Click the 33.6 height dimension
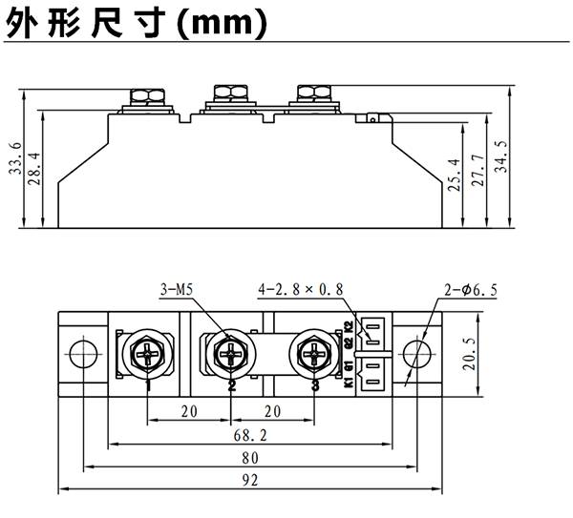click(x=14, y=158)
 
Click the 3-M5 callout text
click(x=177, y=288)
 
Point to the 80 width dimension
click(x=250, y=457)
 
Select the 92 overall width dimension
click(x=250, y=480)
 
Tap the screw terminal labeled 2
click(x=231, y=354)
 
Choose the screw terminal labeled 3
click(x=315, y=354)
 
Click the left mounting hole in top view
click(x=83, y=353)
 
